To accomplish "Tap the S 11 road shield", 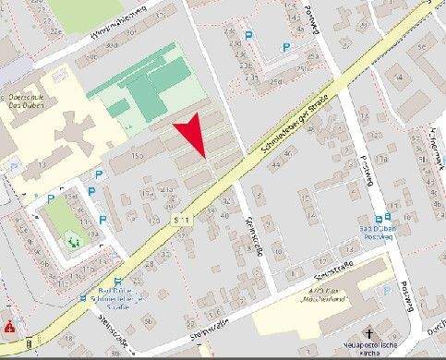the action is click(x=183, y=220).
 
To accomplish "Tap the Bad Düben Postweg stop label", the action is click(x=377, y=234).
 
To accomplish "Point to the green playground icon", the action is click(x=74, y=242).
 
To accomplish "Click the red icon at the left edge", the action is click(x=9, y=327).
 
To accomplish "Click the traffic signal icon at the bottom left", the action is click(x=29, y=344).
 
